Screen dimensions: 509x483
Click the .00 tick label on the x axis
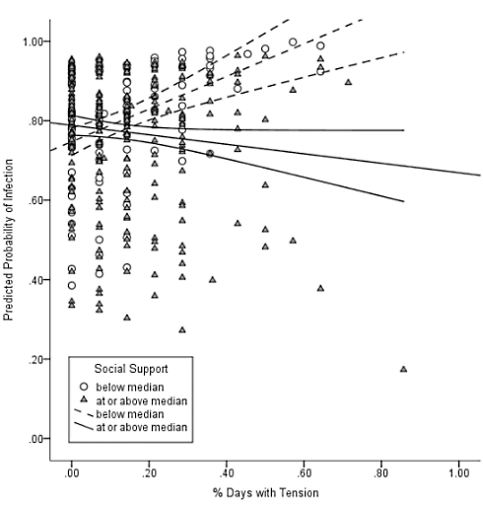click(71, 473)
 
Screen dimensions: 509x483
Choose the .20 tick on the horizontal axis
click(149, 473)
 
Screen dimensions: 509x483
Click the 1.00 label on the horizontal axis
click(456, 473)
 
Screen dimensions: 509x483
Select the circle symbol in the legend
click(85, 387)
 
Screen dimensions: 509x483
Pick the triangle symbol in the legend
click(85, 400)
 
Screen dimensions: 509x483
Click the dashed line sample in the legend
click(84, 414)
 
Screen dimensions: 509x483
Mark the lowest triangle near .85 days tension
click(403, 369)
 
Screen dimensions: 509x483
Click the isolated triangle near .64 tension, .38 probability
click(320, 288)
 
